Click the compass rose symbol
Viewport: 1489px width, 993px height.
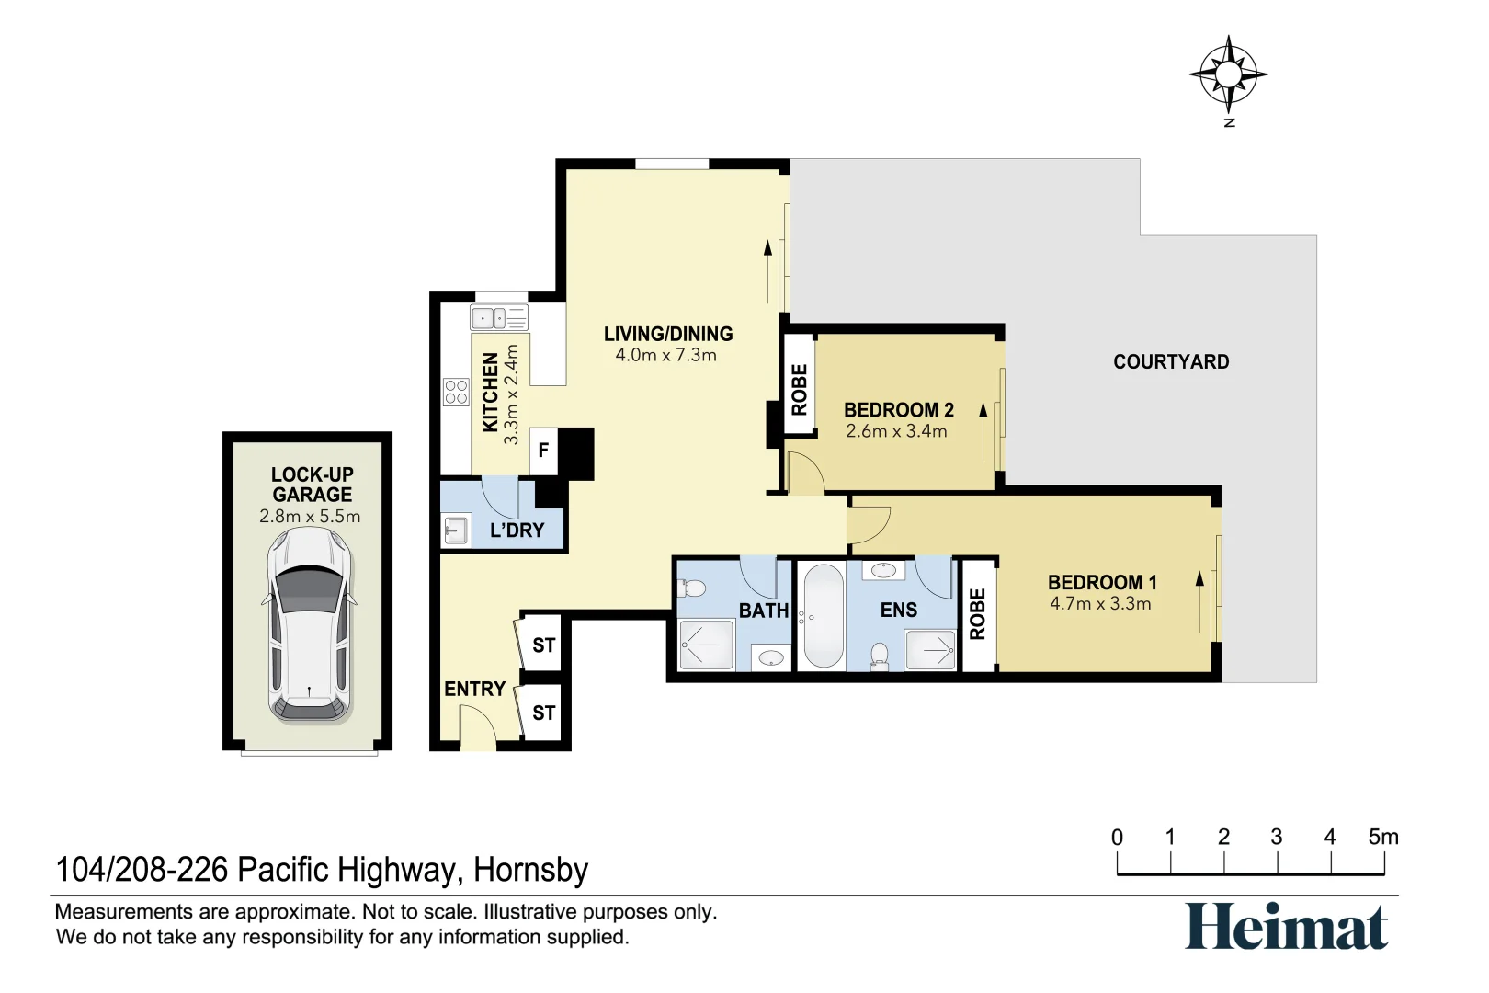pos(1228,74)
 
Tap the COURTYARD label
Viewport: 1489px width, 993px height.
pos(1170,362)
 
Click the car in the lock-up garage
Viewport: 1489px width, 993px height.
pos(309,624)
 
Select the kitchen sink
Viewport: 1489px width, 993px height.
pos(499,318)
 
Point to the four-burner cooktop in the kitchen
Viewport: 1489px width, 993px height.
pos(456,392)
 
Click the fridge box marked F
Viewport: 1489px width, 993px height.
pos(543,451)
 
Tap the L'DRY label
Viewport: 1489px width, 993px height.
pos(517,531)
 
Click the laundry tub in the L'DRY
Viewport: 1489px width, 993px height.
pos(456,531)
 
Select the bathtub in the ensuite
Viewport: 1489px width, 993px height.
pos(823,615)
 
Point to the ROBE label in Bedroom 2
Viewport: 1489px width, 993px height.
pos(799,389)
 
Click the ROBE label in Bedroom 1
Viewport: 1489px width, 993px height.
pos(977,614)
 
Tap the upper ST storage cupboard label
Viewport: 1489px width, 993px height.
pos(543,645)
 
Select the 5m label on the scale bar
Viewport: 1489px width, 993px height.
pos(1382,838)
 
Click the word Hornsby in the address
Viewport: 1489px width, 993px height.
pos(530,870)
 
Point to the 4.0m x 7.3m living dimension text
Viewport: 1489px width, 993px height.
pos(665,356)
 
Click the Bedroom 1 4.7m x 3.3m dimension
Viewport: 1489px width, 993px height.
pos(1100,604)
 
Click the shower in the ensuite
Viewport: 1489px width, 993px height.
pos(930,650)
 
